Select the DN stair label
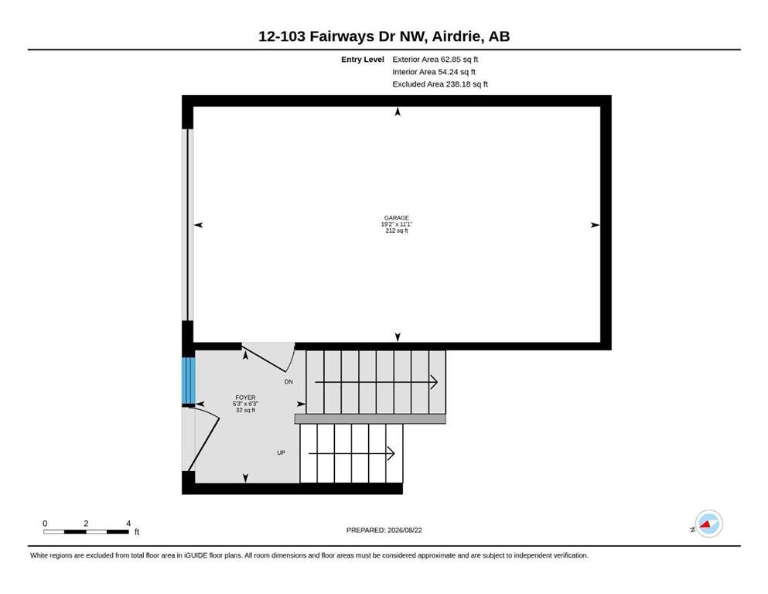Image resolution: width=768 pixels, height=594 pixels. click(x=288, y=381)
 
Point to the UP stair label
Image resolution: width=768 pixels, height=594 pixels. click(x=282, y=452)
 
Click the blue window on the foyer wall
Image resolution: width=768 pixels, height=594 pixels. click(x=189, y=381)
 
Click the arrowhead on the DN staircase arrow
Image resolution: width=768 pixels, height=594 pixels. click(x=434, y=382)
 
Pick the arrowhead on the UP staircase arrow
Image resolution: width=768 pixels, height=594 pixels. click(x=391, y=453)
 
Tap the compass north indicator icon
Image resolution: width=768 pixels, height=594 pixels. click(x=708, y=524)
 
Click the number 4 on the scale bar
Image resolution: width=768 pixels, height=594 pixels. click(x=128, y=524)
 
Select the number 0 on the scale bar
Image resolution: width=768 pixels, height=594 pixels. click(x=45, y=524)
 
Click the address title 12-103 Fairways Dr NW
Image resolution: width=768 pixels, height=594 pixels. click(x=343, y=36)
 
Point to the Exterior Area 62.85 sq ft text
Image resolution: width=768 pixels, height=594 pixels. click(x=435, y=60)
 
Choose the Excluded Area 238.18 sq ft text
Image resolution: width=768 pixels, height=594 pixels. click(x=440, y=84)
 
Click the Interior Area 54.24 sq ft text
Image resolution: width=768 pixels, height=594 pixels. click(x=433, y=71)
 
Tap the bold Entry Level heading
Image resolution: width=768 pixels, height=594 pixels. click(x=363, y=60)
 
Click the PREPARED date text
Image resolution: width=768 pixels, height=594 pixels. click(x=384, y=530)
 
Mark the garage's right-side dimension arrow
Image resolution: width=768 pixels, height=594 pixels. click(x=595, y=225)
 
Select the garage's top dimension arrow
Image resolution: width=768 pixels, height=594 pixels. click(x=398, y=111)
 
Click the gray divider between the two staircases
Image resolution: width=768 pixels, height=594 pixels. click(x=370, y=418)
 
